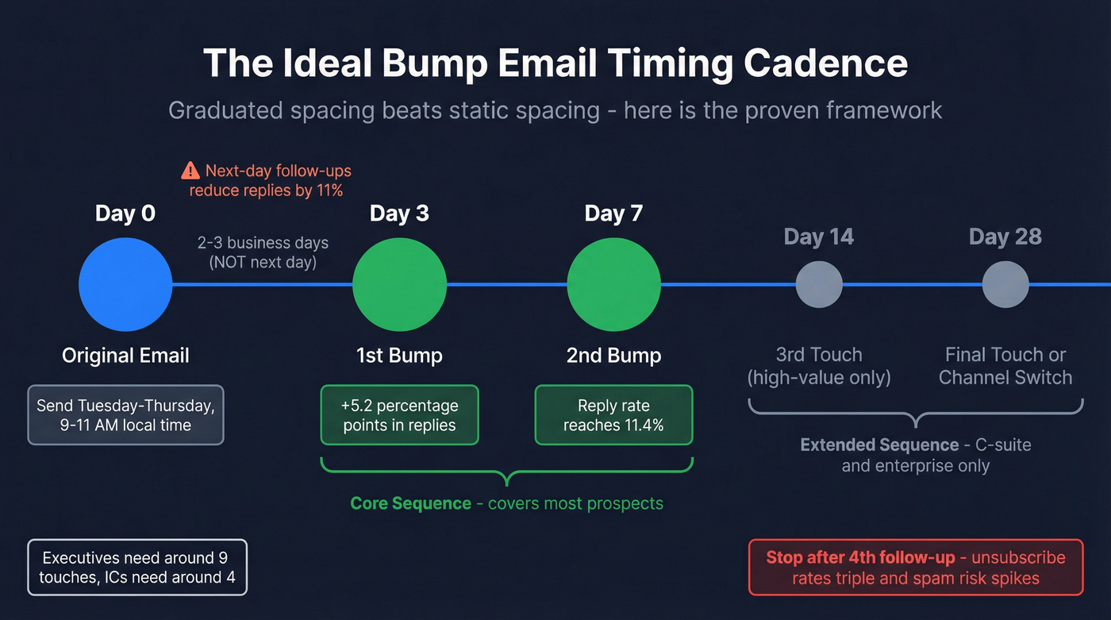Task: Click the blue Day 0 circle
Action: pyautogui.click(x=125, y=284)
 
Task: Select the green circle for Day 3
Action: pyautogui.click(x=399, y=284)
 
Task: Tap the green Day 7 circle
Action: pyautogui.click(x=613, y=284)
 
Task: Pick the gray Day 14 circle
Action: pyautogui.click(x=819, y=284)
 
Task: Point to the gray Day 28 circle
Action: pyautogui.click(x=1005, y=284)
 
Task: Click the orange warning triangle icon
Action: pyautogui.click(x=190, y=170)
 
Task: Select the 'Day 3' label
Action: pyautogui.click(x=399, y=214)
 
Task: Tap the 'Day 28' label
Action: pyautogui.click(x=1005, y=237)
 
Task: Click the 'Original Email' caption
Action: pyautogui.click(x=125, y=355)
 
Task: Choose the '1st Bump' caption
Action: pyautogui.click(x=399, y=355)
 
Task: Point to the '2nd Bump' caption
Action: pyautogui.click(x=613, y=355)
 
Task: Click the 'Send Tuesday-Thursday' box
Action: pyautogui.click(x=125, y=415)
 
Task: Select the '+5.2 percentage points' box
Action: pyautogui.click(x=399, y=415)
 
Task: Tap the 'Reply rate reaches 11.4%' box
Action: pyautogui.click(x=613, y=415)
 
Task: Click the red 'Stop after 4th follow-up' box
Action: pyautogui.click(x=916, y=567)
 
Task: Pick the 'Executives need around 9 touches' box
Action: pyautogui.click(x=138, y=567)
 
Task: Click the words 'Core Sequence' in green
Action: pyautogui.click(x=410, y=503)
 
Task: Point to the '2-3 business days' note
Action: pyautogui.click(x=263, y=243)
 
